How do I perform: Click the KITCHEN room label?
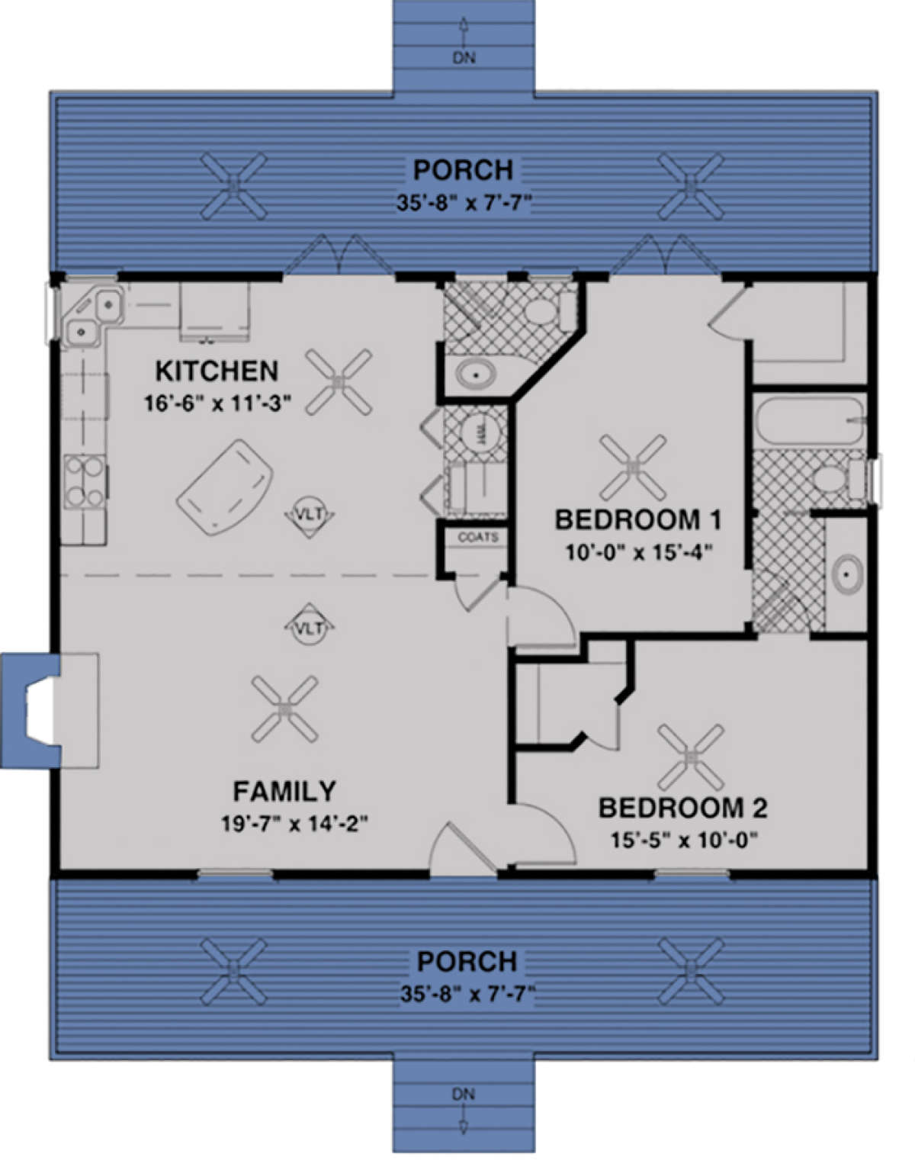pos(217,371)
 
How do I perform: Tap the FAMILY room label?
pos(284,792)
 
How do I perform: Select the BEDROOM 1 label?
pos(637,520)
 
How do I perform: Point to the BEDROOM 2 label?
pos(682,808)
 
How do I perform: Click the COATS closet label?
pos(478,538)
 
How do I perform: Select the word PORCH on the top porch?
pos(463,169)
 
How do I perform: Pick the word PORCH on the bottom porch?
pos(467,961)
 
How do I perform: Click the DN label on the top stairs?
pos(464,57)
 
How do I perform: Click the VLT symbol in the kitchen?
pos(310,516)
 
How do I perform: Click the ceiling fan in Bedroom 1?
pos(632,466)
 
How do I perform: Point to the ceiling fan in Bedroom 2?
pos(691,757)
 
